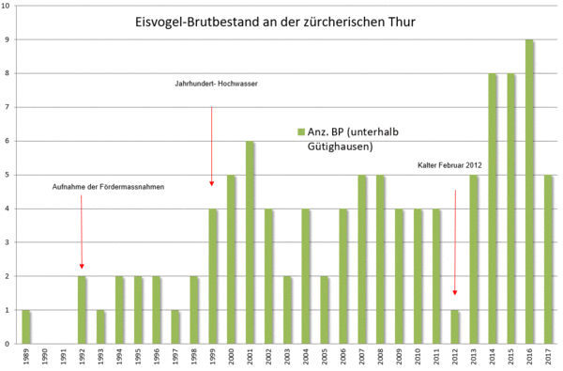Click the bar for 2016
click(x=529, y=192)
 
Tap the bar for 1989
click(x=26, y=326)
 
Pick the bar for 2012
click(x=455, y=326)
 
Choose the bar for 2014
click(x=492, y=209)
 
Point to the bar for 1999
click(x=213, y=276)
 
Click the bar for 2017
click(x=548, y=259)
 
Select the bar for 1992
click(x=83, y=310)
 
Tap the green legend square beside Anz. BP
click(x=301, y=132)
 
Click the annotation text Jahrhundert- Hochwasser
click(x=216, y=84)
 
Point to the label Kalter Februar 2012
click(x=449, y=165)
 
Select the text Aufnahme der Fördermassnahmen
click(x=108, y=187)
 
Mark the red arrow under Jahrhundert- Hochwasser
click(x=212, y=146)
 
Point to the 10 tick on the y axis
click(x=7, y=7)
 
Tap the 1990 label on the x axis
click(x=45, y=358)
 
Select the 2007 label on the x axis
click(x=362, y=358)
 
